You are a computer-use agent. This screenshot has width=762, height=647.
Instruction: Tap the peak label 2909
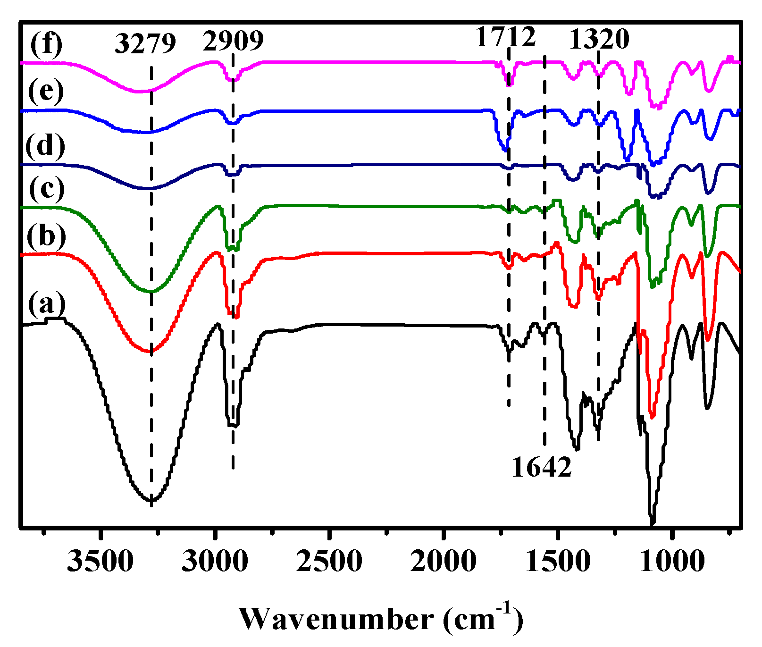pos(233,41)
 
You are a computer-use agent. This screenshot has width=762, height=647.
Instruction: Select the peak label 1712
pos(505,37)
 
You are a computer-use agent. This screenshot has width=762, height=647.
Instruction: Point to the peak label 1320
pos(599,39)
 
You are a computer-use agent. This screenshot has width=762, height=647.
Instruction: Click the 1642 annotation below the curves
pos(542,467)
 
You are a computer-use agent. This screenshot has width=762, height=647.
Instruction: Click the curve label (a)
pos(46,304)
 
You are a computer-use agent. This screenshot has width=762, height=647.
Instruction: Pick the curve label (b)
pos(46,235)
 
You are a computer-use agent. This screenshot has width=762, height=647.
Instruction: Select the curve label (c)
pos(46,189)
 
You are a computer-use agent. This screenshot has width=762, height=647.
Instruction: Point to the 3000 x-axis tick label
pos(215,562)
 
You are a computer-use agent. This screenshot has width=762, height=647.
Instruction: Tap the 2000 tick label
pos(444,562)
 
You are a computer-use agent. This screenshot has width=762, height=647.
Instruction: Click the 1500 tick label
pos(558,562)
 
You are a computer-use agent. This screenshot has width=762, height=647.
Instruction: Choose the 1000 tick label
pos(672,562)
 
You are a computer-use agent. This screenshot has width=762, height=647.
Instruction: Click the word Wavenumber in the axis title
pos(336,619)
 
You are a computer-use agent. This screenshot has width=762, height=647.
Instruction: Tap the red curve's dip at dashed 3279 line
pos(151,351)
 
